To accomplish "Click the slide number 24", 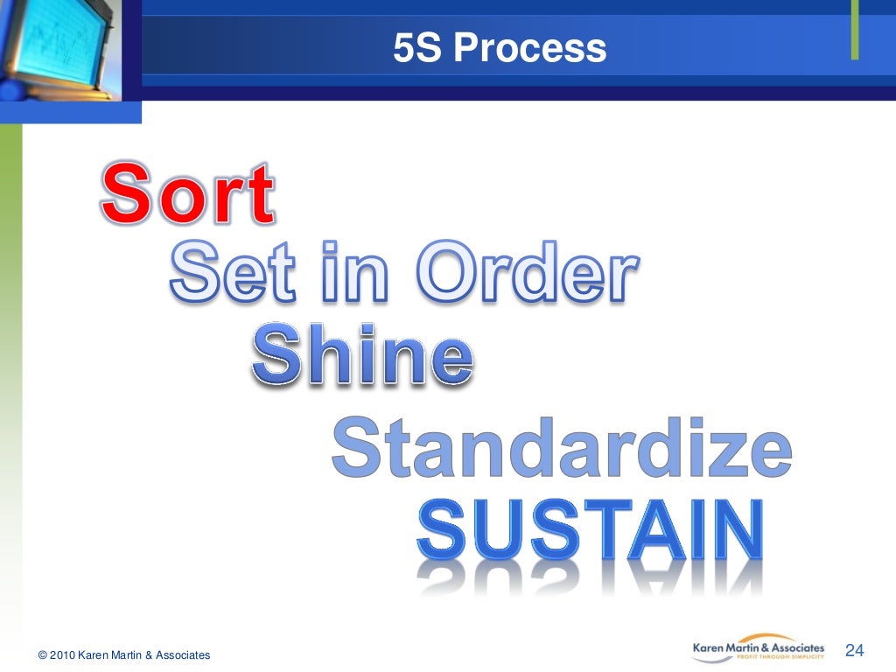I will point(855,650).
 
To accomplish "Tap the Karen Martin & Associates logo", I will point(758,649).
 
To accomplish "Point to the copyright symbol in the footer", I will point(42,654).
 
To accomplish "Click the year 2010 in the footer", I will point(62,654).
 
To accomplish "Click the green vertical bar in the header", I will point(855,31).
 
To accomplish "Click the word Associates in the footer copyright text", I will point(181,654).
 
